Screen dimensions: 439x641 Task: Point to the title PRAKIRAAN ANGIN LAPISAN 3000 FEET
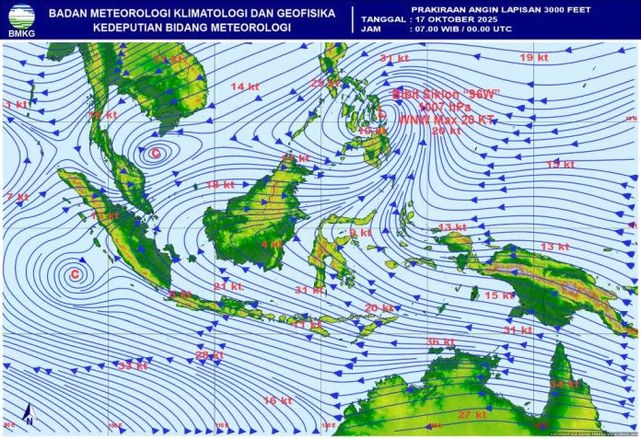488,8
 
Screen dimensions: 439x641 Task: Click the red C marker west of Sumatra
76,274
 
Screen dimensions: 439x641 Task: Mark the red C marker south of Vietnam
156,154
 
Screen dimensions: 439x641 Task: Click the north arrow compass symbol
28,416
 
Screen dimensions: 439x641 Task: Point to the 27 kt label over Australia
472,415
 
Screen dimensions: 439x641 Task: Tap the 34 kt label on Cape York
562,384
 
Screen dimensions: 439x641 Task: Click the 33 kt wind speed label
133,365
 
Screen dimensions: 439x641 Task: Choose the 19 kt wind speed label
533,58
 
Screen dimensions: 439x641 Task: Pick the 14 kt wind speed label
244,87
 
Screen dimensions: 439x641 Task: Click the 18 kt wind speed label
220,185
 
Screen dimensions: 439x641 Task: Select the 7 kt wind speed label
17,197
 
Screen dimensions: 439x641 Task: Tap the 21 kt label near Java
227,286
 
